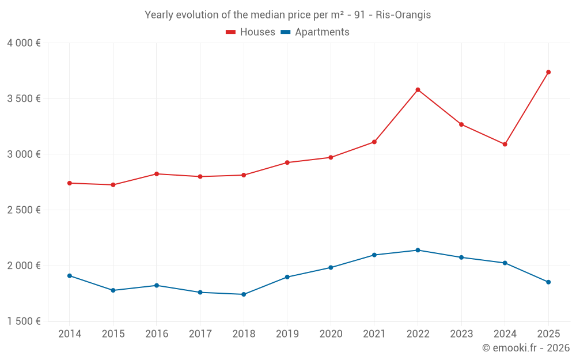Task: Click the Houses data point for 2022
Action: pos(418,90)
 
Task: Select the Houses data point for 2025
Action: pos(548,72)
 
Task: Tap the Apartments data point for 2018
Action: pos(244,294)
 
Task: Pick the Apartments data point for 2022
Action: pos(418,250)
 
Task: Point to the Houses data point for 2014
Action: pos(70,183)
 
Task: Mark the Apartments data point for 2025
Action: pos(548,282)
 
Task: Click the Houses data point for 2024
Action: pos(505,144)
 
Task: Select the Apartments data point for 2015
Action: pos(113,290)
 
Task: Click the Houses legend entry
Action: pos(251,32)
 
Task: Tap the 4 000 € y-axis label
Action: pos(24,43)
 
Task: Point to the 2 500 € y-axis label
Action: pos(24,210)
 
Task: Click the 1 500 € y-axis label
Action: pos(24,321)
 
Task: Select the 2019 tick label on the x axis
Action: pos(287,334)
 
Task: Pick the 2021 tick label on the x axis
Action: pos(374,334)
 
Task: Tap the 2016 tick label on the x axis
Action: pos(157,334)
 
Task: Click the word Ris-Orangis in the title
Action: pos(403,15)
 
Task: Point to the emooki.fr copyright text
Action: pos(526,348)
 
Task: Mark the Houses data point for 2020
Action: pos(331,157)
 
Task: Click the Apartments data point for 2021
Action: pos(374,255)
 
